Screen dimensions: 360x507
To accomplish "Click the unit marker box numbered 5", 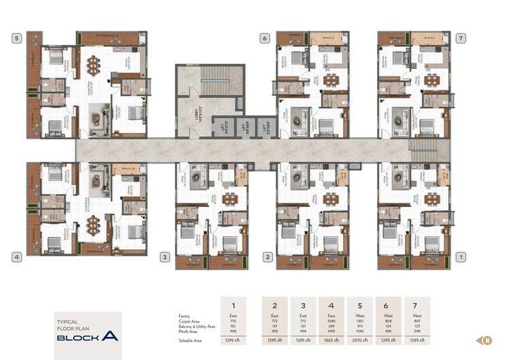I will (x=16, y=39).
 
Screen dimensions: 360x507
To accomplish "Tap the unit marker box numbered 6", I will (x=263, y=39).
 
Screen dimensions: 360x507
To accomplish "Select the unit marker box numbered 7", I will (x=461, y=39).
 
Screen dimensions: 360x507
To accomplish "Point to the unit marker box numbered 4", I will (x=16, y=257).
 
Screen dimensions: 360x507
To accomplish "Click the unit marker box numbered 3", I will (x=165, y=257).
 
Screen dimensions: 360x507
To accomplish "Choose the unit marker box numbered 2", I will (x=268, y=257).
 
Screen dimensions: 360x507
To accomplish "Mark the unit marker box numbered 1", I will (x=461, y=257).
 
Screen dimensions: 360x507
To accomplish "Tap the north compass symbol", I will (x=487, y=340).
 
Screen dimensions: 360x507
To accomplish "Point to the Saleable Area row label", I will (x=189, y=339).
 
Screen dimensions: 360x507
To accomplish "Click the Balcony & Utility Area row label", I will (x=197, y=326).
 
